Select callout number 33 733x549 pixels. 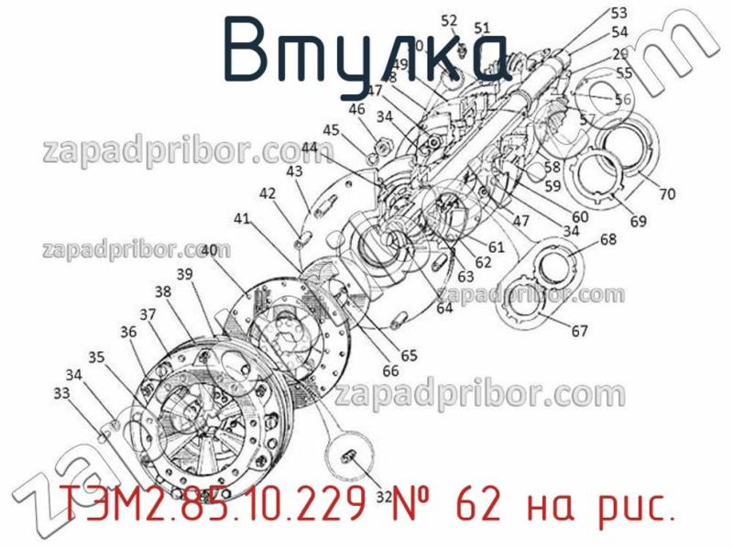tap(62, 393)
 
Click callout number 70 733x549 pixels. tap(667, 193)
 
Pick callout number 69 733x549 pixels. tap(638, 220)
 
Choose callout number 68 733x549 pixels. tap(608, 240)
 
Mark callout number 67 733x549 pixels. tap(579, 331)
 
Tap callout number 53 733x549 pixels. tap(619, 13)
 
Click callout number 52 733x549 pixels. tap(449, 20)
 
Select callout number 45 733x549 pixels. tap(329, 129)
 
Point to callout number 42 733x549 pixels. tap(267, 193)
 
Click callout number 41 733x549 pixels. tap(241, 218)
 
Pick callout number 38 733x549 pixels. tap(163, 291)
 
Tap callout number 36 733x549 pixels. tap(128, 332)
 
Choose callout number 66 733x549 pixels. tap(391, 370)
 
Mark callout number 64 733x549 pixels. tap(444, 308)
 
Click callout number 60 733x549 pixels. tap(581, 217)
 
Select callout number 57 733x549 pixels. tap(587, 118)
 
